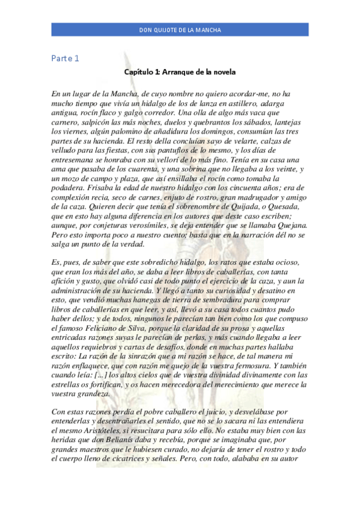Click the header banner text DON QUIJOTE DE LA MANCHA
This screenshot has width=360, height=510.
tap(180, 29)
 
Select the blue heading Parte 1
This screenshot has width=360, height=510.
tap(64, 58)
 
